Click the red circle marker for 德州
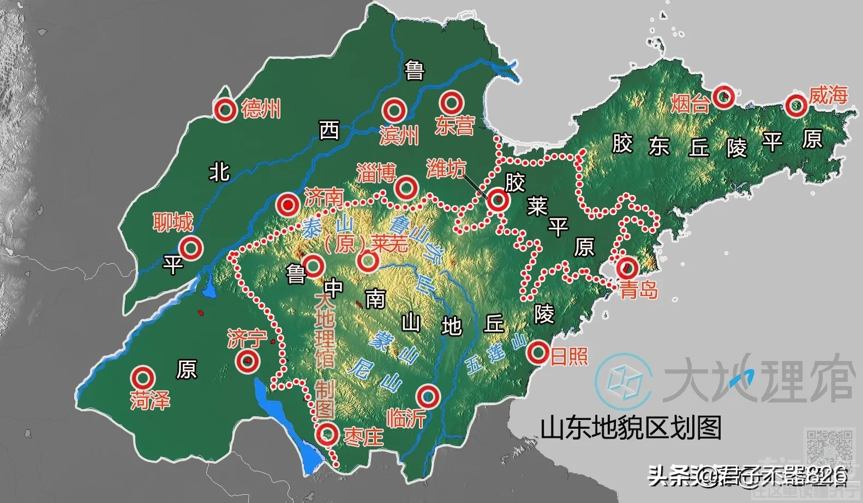pyautogui.click(x=225, y=110)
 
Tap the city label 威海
pyautogui.click(x=828, y=96)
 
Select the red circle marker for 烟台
pyautogui.click(x=724, y=97)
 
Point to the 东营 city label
pyautogui.click(x=454, y=126)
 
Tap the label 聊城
pyautogui.click(x=173, y=222)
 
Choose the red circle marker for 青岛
pyautogui.click(x=627, y=268)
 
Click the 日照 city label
pyautogui.click(x=569, y=357)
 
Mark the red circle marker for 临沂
pyautogui.click(x=428, y=395)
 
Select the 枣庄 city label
pyautogui.click(x=364, y=436)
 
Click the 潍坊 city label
pyautogui.click(x=446, y=169)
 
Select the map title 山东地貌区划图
pyautogui.click(x=631, y=428)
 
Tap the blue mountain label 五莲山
pyautogui.click(x=496, y=355)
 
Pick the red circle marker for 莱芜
pyautogui.click(x=368, y=261)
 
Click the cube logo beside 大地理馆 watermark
pyautogui.click(x=624, y=378)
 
